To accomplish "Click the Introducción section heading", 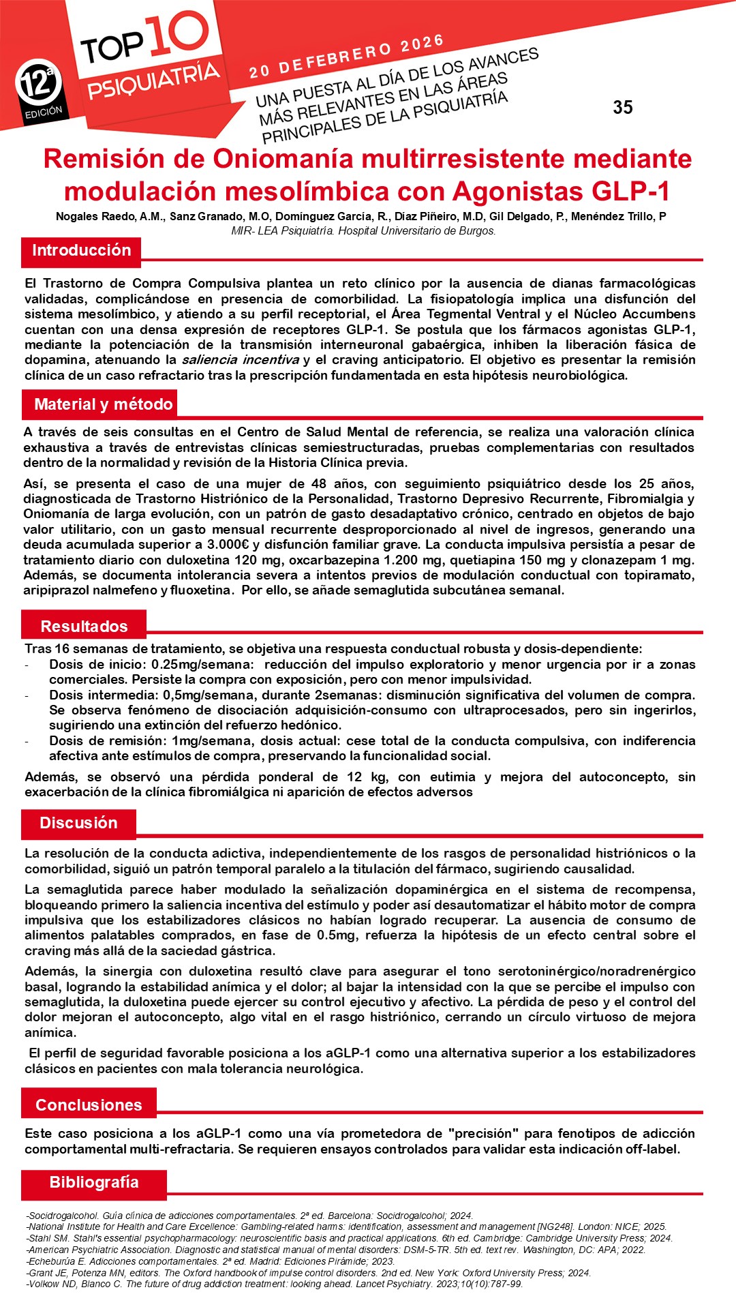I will (81, 250).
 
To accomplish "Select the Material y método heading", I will (103, 404).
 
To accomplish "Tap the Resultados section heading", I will (84, 627).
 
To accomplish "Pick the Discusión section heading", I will (78, 823).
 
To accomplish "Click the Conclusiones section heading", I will (89, 1105).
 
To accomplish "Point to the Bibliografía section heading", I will (94, 1182).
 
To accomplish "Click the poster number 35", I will (622, 108).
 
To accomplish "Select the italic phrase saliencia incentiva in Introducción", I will (240, 360).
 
